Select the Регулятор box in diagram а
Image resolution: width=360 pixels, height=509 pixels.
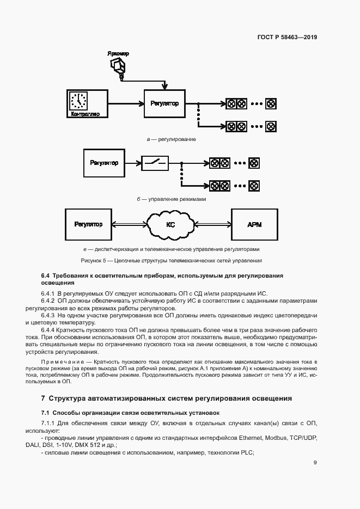point(164,103)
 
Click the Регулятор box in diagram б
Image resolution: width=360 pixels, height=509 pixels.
point(104,162)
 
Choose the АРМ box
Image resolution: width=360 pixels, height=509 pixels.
point(254,224)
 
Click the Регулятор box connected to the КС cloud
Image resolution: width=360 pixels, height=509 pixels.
point(88,224)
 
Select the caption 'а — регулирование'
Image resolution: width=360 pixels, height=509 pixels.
point(172,139)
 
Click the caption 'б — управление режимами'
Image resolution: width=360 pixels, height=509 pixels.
point(172,199)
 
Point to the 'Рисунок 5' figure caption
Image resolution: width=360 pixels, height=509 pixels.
point(171,260)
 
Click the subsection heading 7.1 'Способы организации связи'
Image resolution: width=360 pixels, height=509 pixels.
point(130,413)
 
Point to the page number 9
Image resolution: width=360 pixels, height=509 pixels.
point(315,463)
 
